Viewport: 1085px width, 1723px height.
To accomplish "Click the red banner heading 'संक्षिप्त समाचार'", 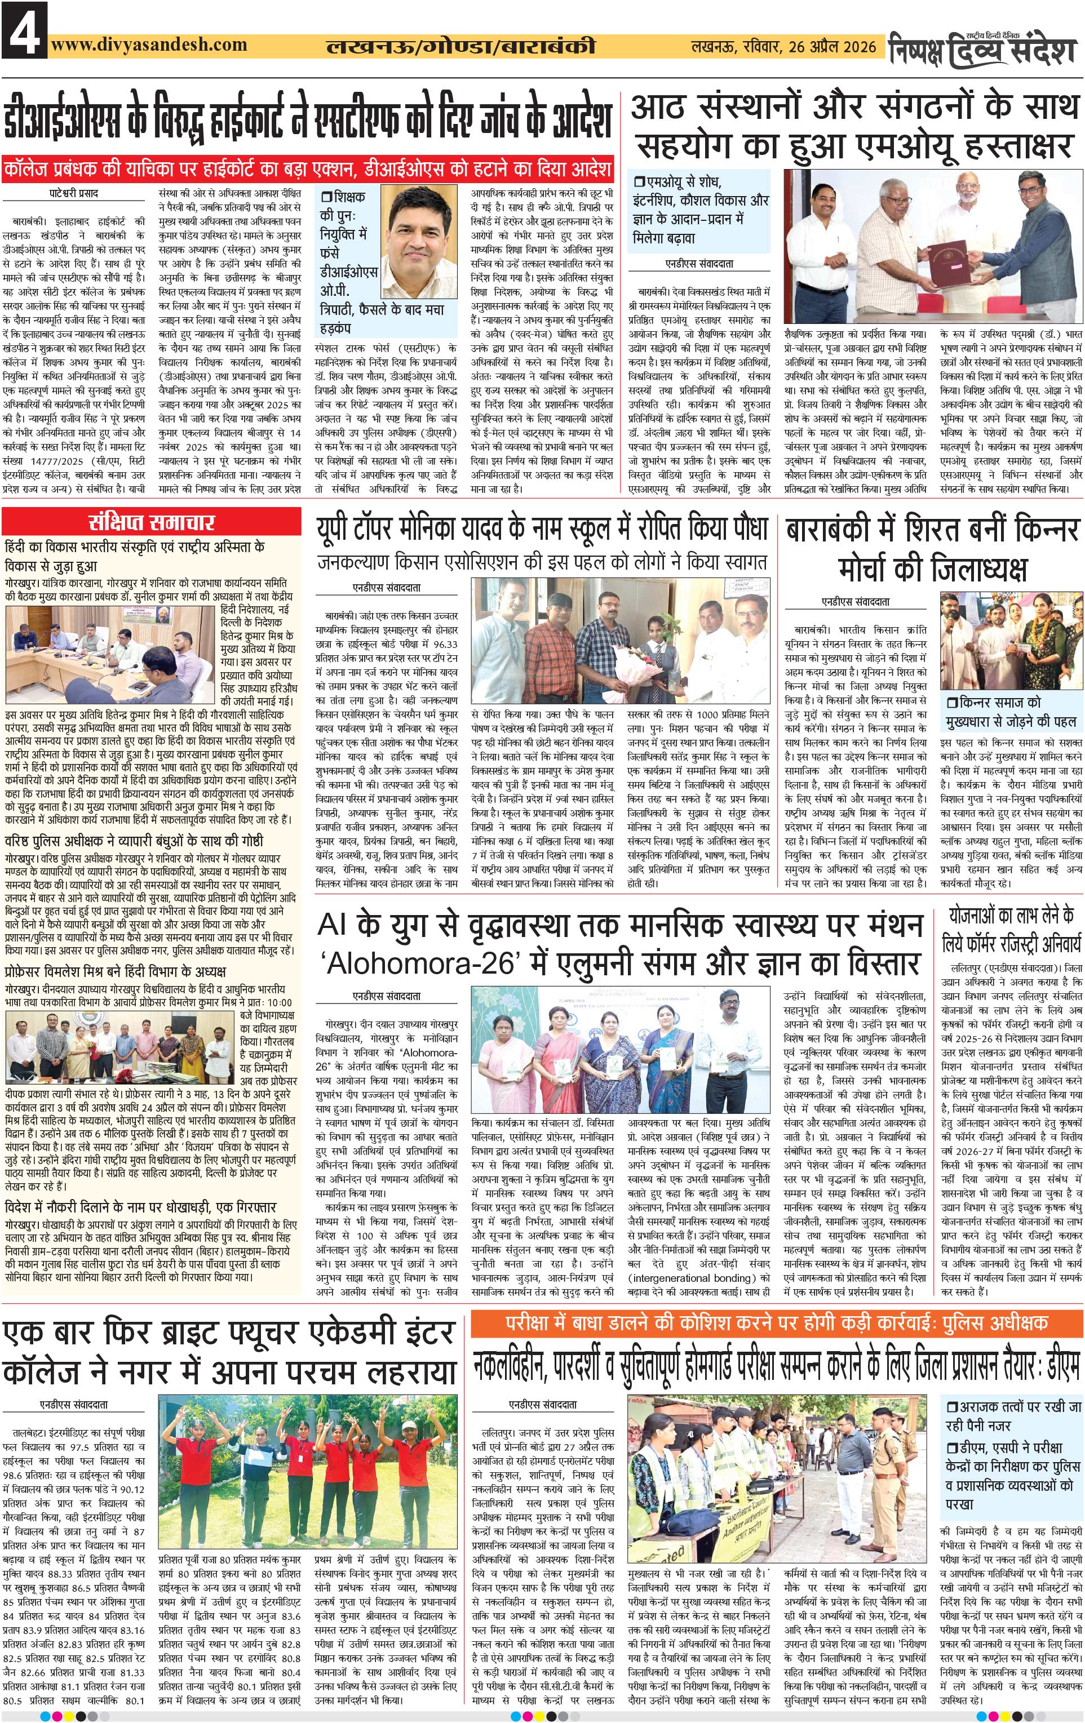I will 151,522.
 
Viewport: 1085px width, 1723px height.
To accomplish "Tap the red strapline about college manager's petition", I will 307,169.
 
